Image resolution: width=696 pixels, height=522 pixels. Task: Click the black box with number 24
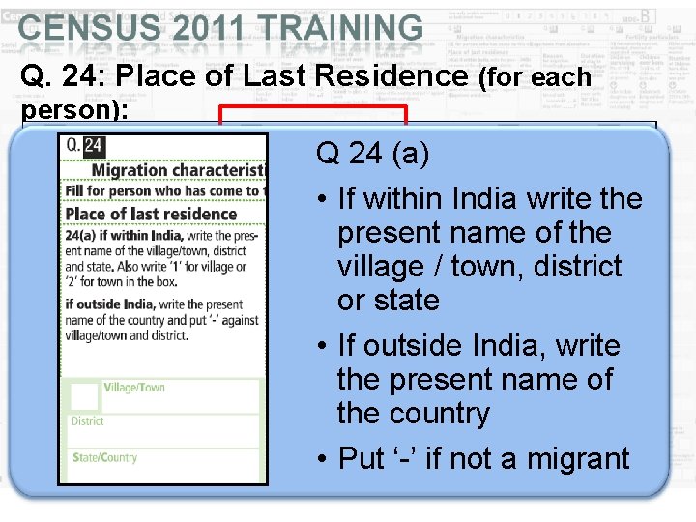[94, 146]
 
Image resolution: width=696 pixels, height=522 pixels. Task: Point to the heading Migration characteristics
[178, 171]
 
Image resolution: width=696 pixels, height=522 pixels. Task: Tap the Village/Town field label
[134, 388]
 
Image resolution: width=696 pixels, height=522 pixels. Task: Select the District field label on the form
[88, 421]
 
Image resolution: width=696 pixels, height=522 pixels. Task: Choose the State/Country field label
[104, 457]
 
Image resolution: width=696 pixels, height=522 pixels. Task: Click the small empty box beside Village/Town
[85, 396]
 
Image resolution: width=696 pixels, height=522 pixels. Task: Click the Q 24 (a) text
[372, 153]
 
